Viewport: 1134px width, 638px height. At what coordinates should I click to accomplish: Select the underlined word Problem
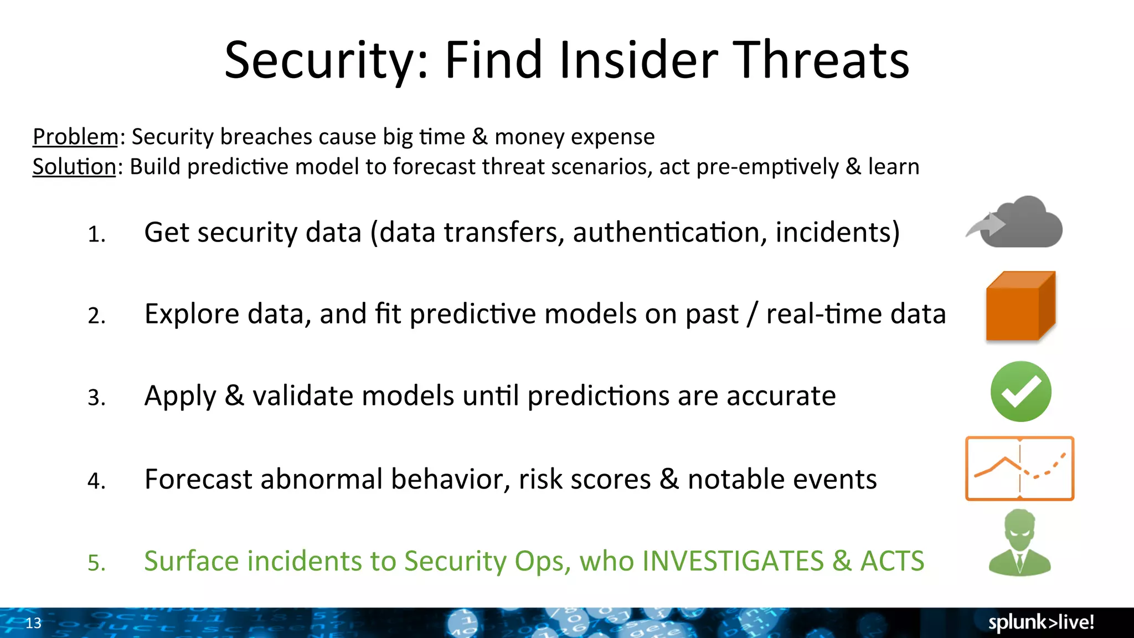[75, 137]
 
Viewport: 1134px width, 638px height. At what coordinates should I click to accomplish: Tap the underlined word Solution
[74, 167]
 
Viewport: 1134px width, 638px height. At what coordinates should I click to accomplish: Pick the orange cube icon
[1020, 306]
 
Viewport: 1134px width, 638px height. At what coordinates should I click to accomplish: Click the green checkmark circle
[1020, 392]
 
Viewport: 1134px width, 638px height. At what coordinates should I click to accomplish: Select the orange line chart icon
[1019, 469]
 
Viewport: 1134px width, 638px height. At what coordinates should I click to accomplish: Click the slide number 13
[33, 623]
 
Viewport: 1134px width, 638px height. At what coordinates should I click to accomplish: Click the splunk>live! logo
[1041, 622]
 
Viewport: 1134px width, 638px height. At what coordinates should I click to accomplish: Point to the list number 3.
[96, 398]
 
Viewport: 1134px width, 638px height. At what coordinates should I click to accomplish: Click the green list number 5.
[96, 563]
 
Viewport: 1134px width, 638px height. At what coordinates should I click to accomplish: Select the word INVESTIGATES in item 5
[733, 561]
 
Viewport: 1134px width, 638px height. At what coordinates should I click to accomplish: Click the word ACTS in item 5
[892, 561]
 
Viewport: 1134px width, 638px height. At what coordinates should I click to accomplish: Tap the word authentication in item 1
[669, 233]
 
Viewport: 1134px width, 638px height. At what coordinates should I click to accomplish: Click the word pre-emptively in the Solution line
[767, 167]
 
